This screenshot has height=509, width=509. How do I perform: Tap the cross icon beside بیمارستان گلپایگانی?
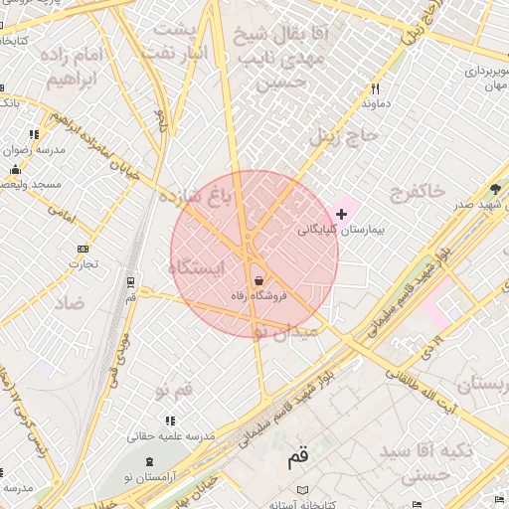[x=342, y=214]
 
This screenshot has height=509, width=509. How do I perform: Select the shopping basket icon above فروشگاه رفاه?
[x=259, y=280]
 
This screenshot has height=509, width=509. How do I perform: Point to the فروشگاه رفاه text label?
[x=260, y=295]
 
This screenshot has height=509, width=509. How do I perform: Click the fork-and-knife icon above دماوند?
[x=375, y=88]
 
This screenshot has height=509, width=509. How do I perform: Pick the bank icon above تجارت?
[x=82, y=249]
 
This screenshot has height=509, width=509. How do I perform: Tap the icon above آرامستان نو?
[x=150, y=462]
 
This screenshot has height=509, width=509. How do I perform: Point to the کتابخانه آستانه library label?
[x=302, y=505]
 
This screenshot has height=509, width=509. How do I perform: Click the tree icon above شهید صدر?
[x=495, y=189]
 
